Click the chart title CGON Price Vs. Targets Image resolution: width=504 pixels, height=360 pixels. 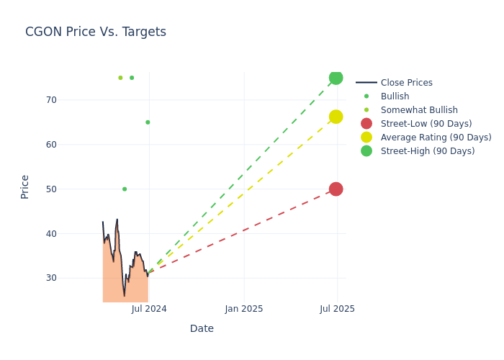(x=96, y=32)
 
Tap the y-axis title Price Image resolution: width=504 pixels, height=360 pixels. (x=25, y=186)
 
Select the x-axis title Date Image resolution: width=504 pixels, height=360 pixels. (x=202, y=329)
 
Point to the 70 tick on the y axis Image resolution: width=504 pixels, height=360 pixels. (x=71, y=100)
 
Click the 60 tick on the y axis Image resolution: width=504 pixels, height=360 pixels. (x=71, y=145)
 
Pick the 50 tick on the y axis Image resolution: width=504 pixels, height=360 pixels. (x=71, y=189)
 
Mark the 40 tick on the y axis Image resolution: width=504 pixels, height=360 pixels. (x=71, y=234)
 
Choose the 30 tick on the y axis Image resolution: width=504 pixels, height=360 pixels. (x=71, y=278)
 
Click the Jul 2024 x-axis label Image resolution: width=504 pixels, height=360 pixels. (x=149, y=309)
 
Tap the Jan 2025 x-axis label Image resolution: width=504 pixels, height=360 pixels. (x=244, y=309)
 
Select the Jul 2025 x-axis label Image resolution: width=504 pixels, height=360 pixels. (x=337, y=309)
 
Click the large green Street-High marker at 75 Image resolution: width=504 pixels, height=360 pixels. (x=336, y=78)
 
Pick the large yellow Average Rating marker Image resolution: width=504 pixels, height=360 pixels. (x=336, y=117)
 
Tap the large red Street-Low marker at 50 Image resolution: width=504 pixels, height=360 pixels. (x=336, y=189)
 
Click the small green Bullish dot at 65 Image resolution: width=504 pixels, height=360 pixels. (x=148, y=122)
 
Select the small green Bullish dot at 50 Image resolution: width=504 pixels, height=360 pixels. (x=125, y=189)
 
